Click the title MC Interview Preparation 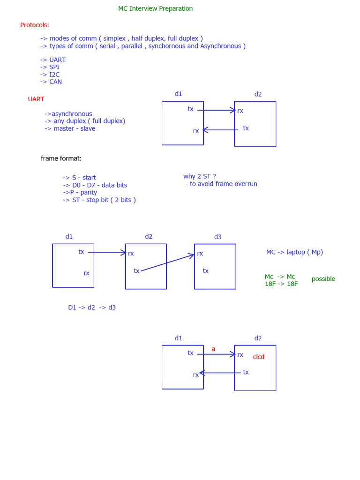point(155,8)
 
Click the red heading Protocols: point(35,25)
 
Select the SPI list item point(50,67)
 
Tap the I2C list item point(50,75)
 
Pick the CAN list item point(51,82)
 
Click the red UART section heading point(36,99)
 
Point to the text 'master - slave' point(70,128)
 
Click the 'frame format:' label point(61,158)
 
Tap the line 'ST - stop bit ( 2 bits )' point(99,200)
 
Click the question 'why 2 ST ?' point(199,176)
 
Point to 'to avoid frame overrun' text point(221,184)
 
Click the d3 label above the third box point(217,237)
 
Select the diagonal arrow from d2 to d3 point(167,263)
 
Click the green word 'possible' point(323,279)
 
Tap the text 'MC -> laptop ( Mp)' point(294,252)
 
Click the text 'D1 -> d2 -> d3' point(92,307)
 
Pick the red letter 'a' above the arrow point(213,349)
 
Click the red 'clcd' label point(259,357)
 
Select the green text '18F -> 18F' point(281,284)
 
